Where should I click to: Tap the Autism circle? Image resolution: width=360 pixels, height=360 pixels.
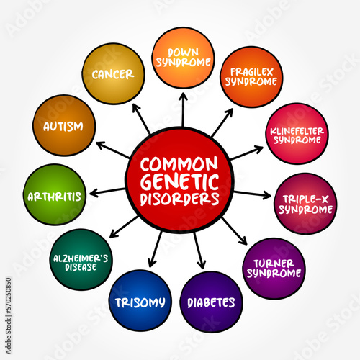[64, 125]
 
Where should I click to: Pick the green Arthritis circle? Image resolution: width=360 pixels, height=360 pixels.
[55, 194]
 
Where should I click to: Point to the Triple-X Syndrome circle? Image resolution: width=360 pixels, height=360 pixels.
[306, 204]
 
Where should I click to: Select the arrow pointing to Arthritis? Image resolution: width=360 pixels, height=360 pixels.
[106, 191]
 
